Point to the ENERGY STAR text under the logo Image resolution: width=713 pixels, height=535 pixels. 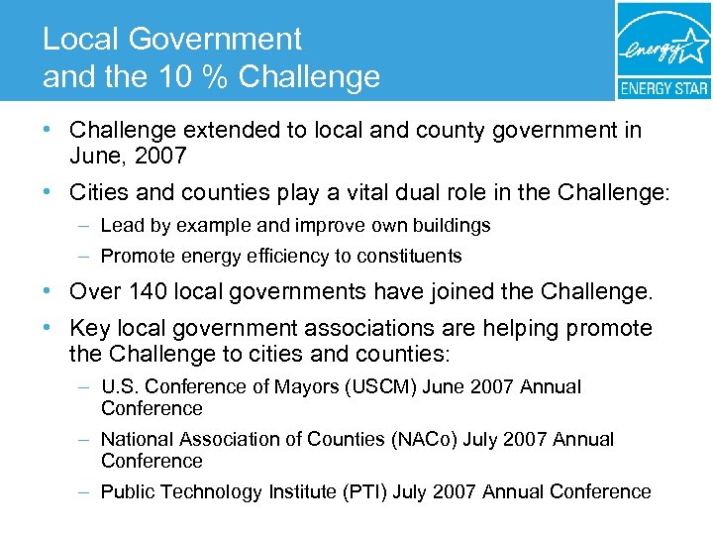pyautogui.click(x=663, y=88)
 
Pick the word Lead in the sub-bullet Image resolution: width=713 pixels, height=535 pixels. pyautogui.click(x=121, y=225)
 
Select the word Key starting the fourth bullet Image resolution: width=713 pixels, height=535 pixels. pyautogui.click(x=89, y=328)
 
